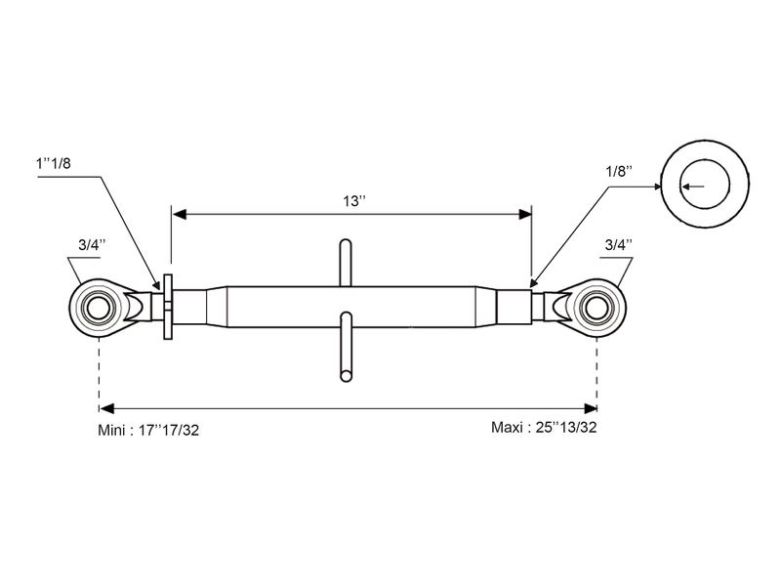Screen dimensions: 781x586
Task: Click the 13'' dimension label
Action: (354, 201)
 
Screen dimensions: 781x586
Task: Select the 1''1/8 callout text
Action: (54, 163)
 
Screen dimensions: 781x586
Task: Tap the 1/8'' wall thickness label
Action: (619, 172)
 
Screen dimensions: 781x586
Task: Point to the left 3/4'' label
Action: (92, 245)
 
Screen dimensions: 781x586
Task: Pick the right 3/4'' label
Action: (619, 245)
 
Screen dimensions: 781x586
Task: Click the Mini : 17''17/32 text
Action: (148, 430)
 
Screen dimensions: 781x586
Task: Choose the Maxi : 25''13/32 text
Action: (544, 427)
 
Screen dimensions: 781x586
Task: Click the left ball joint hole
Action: (99, 308)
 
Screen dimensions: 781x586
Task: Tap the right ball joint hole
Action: (596, 308)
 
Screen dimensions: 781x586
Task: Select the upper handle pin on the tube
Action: (346, 263)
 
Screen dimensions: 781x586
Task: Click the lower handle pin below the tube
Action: (347, 347)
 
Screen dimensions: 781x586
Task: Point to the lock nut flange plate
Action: (168, 307)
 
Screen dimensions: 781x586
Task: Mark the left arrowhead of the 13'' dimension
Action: (180, 214)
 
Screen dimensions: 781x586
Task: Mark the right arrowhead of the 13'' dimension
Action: (525, 214)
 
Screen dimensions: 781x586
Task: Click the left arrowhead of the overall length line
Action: (106, 408)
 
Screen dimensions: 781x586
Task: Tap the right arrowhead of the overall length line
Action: (591, 408)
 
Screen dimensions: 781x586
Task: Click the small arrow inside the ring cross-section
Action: (693, 187)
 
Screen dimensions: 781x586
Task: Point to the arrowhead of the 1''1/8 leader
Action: (157, 285)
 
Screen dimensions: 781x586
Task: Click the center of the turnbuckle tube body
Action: (351, 307)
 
